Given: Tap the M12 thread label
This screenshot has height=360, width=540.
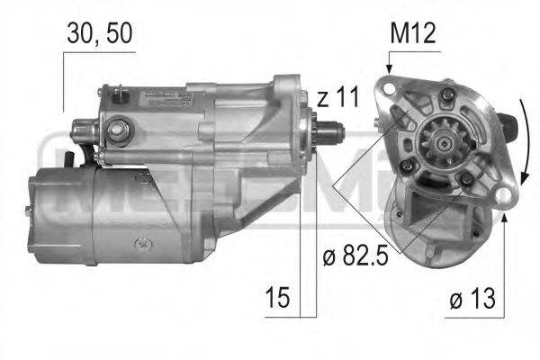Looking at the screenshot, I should (x=412, y=34).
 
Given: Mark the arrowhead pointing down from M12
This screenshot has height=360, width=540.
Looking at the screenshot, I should (x=389, y=67).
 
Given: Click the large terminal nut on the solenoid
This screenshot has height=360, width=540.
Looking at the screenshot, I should (x=117, y=132).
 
